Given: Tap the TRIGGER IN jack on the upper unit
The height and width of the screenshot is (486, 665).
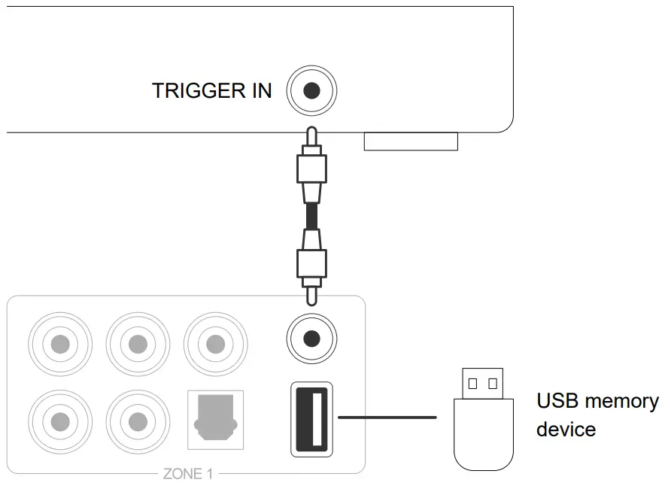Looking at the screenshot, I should point(311,92).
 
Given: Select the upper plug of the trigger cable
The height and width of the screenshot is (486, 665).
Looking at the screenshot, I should point(311,169).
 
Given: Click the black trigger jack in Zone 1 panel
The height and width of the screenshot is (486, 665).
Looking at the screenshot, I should point(311,338).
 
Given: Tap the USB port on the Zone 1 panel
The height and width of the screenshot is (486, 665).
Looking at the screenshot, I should point(311,420).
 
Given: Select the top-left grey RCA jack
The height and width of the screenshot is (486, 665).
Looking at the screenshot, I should point(60,343).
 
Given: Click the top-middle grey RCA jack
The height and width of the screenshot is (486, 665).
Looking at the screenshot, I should point(138,343).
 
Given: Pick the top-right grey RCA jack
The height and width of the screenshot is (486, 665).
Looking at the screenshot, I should point(215,343).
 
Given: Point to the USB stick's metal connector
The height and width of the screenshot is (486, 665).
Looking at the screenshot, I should point(482,383).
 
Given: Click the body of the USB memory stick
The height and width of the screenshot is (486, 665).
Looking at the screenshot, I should point(484,433).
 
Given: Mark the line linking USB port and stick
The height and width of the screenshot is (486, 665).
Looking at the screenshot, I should point(387,416).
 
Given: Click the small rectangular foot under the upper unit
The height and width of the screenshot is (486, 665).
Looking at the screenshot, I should point(411,141).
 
